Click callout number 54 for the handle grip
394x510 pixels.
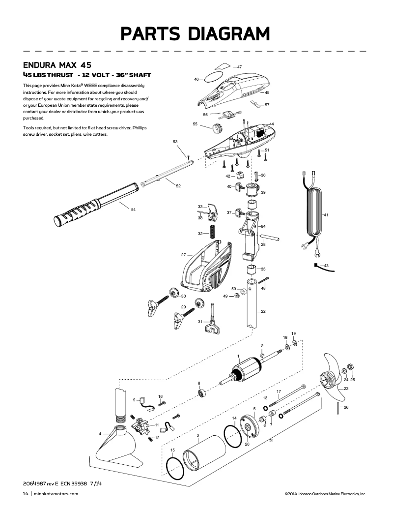click(133, 210)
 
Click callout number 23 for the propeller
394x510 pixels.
click(346, 389)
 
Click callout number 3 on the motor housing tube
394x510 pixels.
click(197, 435)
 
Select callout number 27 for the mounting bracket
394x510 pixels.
click(183, 255)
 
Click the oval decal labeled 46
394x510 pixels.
click(212, 78)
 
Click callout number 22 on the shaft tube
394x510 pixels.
click(263, 312)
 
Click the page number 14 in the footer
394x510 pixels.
click(26, 494)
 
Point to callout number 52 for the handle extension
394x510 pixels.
click(178, 186)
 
